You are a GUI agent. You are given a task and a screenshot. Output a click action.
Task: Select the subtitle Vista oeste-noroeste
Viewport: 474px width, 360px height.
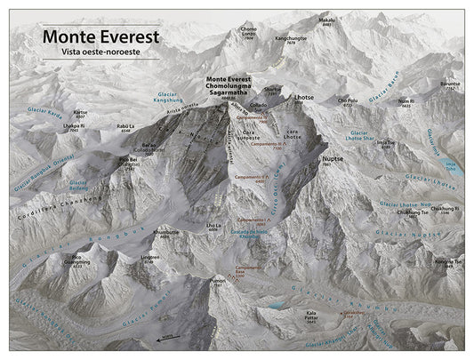click(x=100, y=53)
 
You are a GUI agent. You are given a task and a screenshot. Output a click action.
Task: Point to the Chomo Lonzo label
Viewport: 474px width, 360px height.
click(x=249, y=33)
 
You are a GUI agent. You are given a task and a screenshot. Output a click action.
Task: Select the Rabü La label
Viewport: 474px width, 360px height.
click(x=125, y=126)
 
